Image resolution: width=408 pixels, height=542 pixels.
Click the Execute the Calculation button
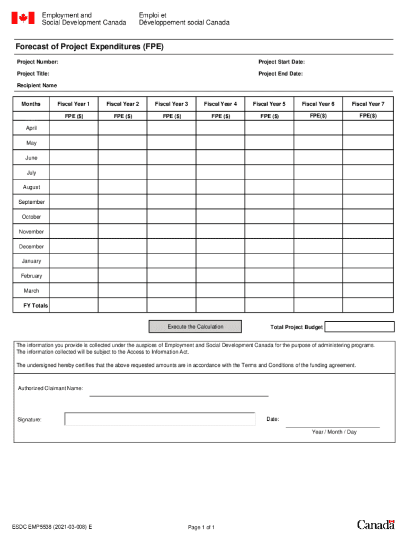point(195,327)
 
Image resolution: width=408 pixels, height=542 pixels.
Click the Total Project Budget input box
point(359,327)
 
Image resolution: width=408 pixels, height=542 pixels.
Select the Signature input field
point(159,419)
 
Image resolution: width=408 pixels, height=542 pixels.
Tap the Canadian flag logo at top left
point(23,19)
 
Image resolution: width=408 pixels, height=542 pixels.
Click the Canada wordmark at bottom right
point(376,525)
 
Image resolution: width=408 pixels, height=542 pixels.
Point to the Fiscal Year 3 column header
point(171,104)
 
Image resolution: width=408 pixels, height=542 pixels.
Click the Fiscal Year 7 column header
point(368,104)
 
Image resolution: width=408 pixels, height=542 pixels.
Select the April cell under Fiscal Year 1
point(74,128)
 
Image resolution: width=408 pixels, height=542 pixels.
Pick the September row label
point(32,202)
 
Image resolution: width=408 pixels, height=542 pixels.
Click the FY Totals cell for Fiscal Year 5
point(269,305)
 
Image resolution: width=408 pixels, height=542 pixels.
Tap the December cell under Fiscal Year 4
point(220,247)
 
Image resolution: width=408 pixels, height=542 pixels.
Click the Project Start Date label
point(281,62)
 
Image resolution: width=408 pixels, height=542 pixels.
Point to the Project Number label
point(38,62)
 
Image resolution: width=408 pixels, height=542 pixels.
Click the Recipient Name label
point(37,86)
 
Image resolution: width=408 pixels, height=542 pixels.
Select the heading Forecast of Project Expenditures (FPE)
point(90,47)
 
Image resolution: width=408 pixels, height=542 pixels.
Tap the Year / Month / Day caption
point(334,432)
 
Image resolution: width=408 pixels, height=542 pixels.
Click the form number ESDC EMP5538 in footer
point(52,527)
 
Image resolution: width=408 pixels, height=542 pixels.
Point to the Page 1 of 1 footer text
point(201,527)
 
